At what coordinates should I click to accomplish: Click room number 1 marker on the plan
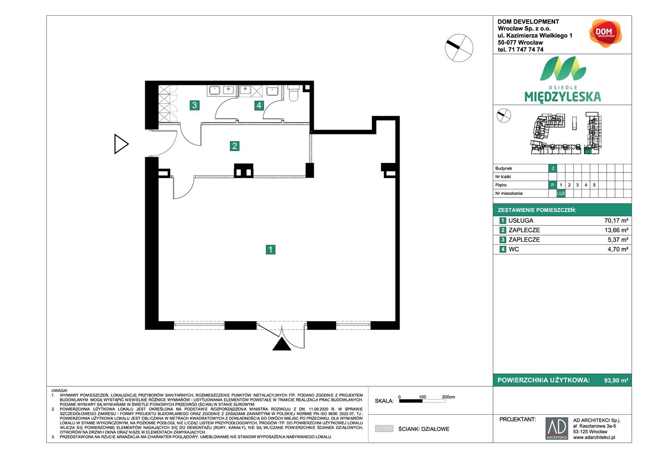point(271,249)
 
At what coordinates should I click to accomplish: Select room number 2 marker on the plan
point(234,146)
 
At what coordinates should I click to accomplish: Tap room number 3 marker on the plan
point(194,105)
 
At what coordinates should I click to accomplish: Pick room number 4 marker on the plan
point(259,105)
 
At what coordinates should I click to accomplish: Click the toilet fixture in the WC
point(294,94)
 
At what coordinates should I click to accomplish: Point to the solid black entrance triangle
point(282,345)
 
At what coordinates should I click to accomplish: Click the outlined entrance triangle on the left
point(120,144)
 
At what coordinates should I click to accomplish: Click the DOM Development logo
point(602,33)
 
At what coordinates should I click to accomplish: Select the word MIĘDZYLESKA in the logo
point(562,96)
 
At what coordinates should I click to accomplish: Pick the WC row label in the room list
point(513,249)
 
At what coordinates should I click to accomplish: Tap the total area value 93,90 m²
point(617,380)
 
